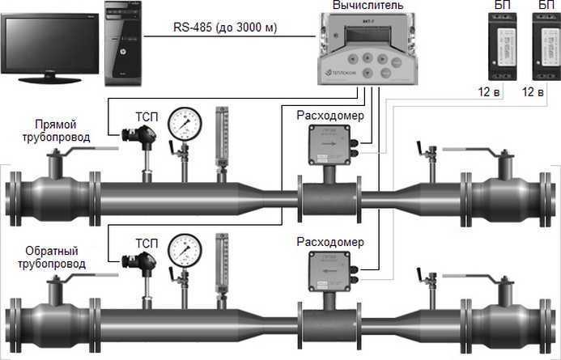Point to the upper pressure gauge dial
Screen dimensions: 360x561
click(184, 123)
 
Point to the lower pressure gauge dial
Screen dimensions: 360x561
click(186, 250)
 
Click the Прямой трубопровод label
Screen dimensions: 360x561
click(57, 132)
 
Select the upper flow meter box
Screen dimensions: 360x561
click(329, 143)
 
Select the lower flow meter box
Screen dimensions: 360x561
click(327, 269)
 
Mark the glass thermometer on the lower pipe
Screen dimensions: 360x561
click(219, 263)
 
